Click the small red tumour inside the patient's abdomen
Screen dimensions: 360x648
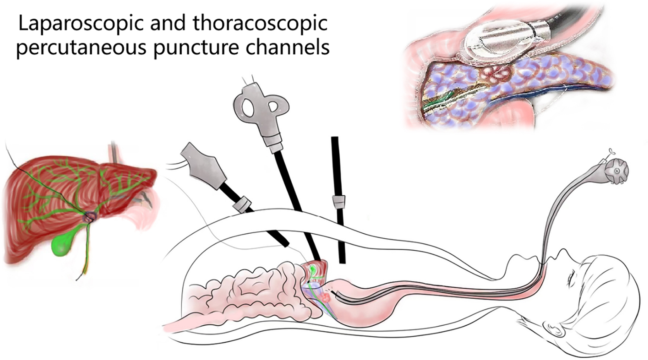[325, 298]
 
